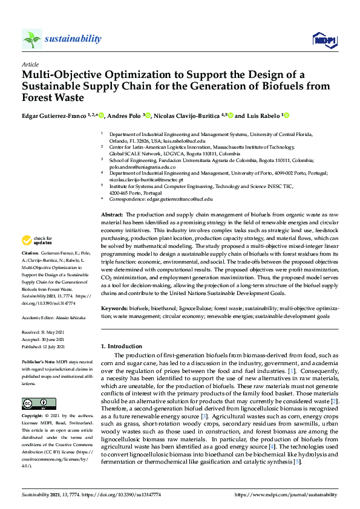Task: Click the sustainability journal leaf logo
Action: [x=31, y=39]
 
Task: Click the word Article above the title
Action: [x=30, y=64]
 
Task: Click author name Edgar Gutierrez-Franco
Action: [x=50, y=115]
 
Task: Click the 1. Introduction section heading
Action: [x=122, y=346]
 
